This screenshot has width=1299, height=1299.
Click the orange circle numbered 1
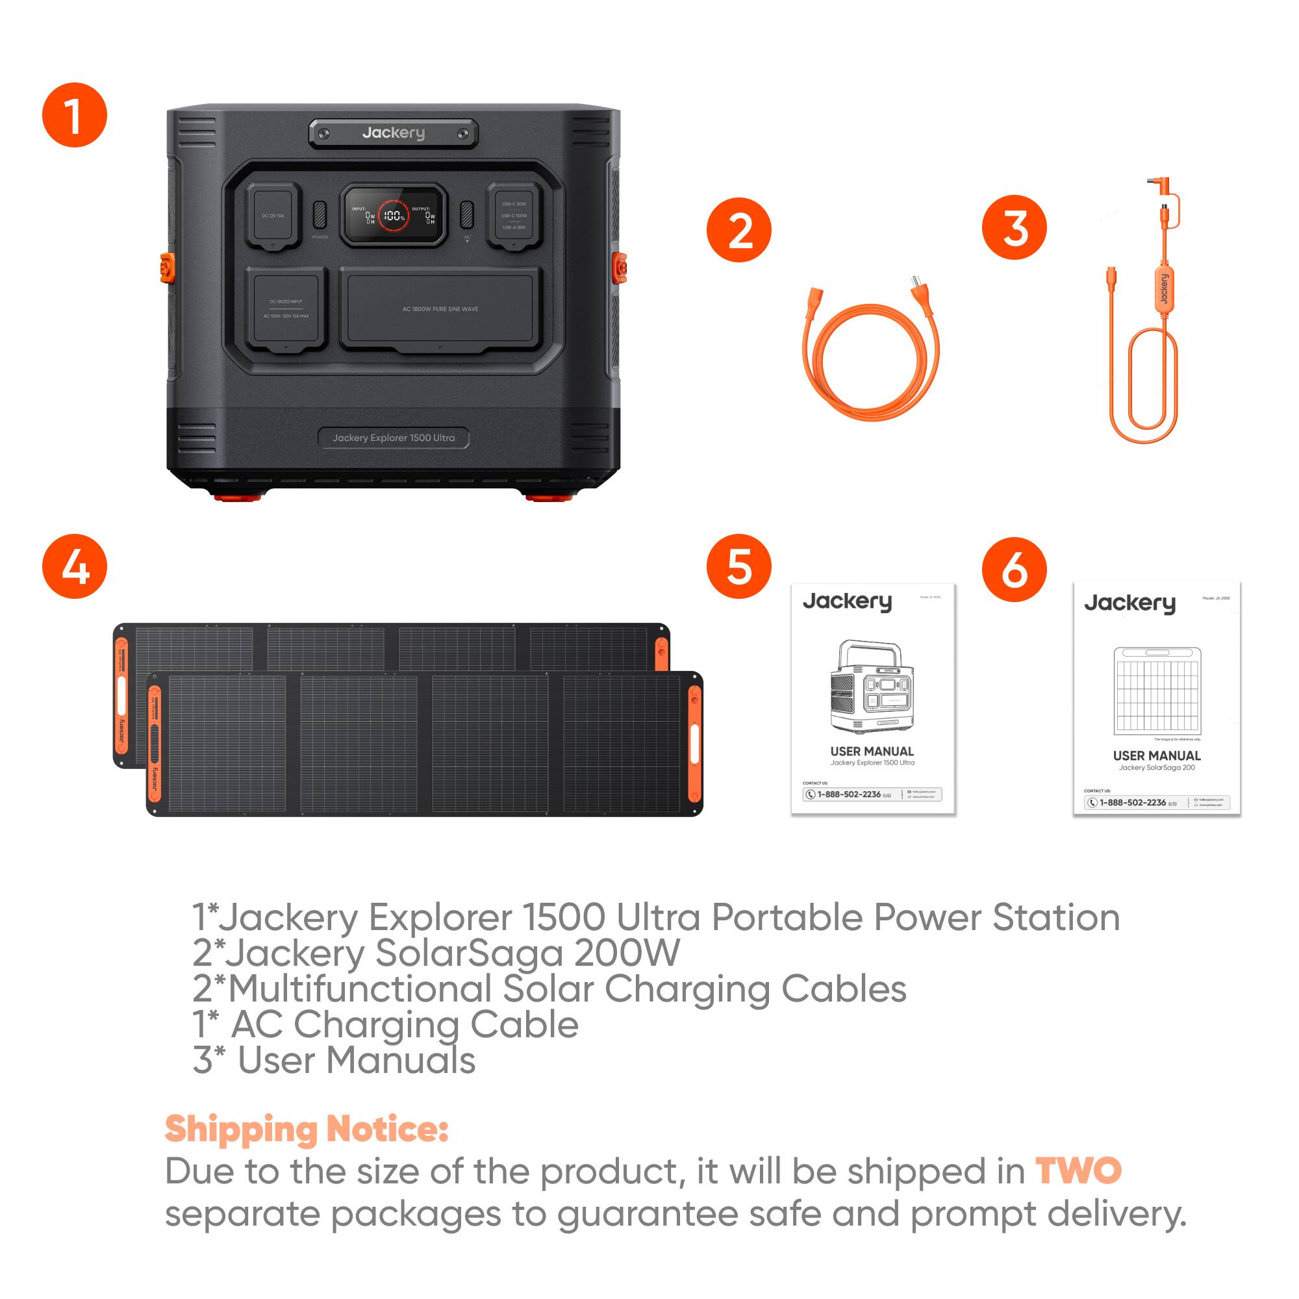point(75,115)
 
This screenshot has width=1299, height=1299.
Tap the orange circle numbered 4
point(75,566)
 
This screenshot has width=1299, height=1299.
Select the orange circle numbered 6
point(1014,569)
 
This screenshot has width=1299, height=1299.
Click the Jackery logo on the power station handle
point(394,133)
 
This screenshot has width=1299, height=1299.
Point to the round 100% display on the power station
point(394,216)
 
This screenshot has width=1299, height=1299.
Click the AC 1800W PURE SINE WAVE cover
point(440,309)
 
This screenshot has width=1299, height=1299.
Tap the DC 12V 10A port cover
point(272,216)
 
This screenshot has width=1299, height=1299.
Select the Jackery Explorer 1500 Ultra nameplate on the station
point(394,438)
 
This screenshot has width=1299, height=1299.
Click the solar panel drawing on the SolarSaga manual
point(1157,691)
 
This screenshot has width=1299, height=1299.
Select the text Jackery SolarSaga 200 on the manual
point(1157,767)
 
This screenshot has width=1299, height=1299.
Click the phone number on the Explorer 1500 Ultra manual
point(849,794)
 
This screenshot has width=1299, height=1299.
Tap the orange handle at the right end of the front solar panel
point(694,743)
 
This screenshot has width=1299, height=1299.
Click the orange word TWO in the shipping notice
point(1078,1170)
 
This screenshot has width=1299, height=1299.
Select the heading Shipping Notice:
point(307,1129)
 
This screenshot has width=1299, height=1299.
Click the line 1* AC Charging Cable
point(385,1024)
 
